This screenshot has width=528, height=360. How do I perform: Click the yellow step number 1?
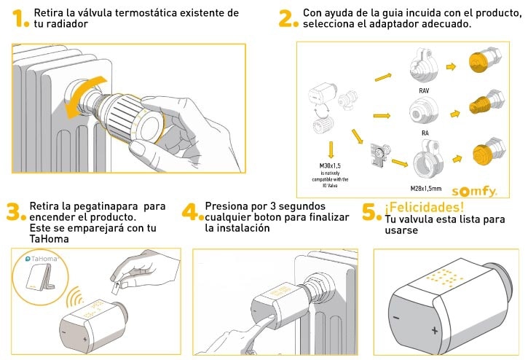19,19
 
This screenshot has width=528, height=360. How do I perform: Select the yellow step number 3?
15,212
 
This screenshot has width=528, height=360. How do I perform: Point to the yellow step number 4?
190,212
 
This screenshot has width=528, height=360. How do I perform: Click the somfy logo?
473,192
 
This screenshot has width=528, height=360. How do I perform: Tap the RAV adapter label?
424,90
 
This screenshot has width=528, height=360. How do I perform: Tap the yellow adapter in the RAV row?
481,63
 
